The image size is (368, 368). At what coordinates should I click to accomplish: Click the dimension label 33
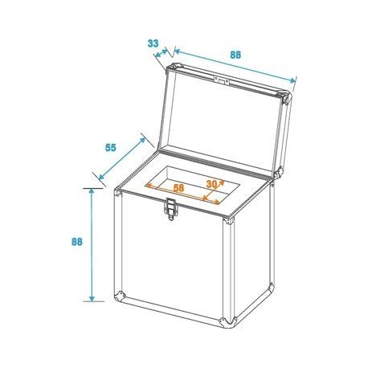pyautogui.click(x=153, y=43)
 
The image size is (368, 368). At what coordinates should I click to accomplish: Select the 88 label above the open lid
pyautogui.click(x=235, y=55)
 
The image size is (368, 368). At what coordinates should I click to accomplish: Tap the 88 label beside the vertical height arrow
pyautogui.click(x=77, y=242)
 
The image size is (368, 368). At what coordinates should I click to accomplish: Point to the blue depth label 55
pyautogui.click(x=111, y=147)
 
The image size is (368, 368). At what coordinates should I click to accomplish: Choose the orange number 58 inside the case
pyautogui.click(x=179, y=188)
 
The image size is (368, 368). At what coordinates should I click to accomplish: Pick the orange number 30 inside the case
pyautogui.click(x=211, y=184)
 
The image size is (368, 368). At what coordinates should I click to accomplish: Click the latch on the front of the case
pyautogui.click(x=170, y=209)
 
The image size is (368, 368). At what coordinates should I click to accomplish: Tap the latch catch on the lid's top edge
pyautogui.click(x=221, y=80)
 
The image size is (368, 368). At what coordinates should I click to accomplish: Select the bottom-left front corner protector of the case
pyautogui.click(x=120, y=296)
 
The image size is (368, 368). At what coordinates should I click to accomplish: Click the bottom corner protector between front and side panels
pyautogui.click(x=227, y=322)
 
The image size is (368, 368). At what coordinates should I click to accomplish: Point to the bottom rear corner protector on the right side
pyautogui.click(x=272, y=288)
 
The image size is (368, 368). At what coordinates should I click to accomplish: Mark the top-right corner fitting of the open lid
pyautogui.click(x=284, y=97)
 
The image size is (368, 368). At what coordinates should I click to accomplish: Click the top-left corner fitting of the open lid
pyautogui.click(x=174, y=67)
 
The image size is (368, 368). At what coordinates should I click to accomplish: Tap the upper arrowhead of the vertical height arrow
pyautogui.click(x=92, y=191)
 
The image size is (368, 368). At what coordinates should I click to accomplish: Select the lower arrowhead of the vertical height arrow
pyautogui.click(x=92, y=299)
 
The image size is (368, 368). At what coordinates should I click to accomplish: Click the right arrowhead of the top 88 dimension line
pyautogui.click(x=293, y=80)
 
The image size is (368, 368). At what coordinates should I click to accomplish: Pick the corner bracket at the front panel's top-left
pyautogui.click(x=118, y=193)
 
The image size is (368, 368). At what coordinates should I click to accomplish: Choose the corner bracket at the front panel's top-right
pyautogui.click(x=229, y=221)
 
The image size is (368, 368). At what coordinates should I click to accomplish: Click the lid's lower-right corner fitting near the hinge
pyautogui.click(x=279, y=172)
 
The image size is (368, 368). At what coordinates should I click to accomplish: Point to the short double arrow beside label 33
pyautogui.click(x=161, y=53)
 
